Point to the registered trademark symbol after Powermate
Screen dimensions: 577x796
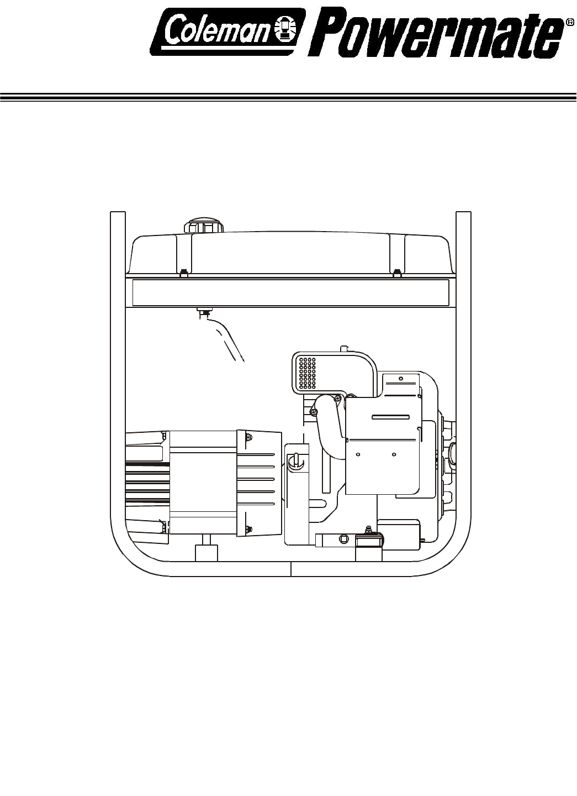[569, 22]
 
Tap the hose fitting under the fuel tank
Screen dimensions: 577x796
[205, 313]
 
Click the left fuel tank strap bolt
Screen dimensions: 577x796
[183, 273]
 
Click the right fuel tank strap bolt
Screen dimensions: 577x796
[397, 273]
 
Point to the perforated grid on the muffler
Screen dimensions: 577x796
[308, 373]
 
